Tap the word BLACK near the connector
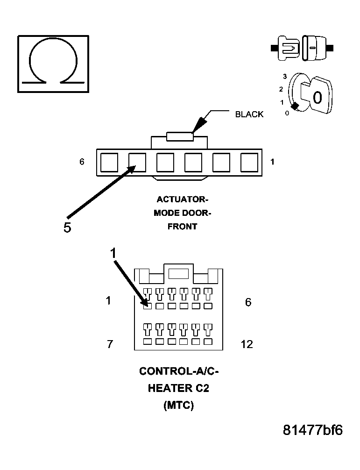pos(249,114)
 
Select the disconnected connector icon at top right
pos(302,48)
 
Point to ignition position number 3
pos(285,77)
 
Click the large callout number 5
pos(67,228)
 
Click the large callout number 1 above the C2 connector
pos(113,253)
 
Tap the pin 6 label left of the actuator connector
pos(82,162)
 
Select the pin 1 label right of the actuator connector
pos(272,162)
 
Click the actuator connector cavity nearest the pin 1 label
pos(249,163)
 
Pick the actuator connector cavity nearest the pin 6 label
pos(109,163)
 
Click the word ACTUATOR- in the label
pos(183,199)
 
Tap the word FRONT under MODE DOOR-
pos(182,226)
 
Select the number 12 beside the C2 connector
pos(247,344)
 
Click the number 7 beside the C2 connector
pos(110,344)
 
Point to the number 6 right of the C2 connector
pos(248,302)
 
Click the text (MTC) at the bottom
pos(179,405)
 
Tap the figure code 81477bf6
pos(313,430)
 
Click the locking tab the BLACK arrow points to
pos(180,137)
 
